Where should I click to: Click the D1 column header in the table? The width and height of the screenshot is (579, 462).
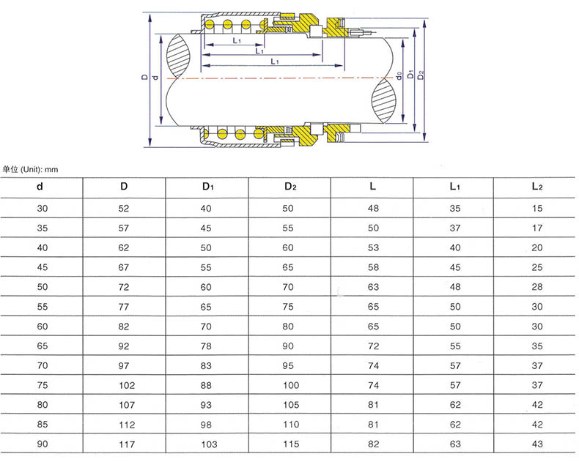208,187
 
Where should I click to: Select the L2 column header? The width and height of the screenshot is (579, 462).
537,187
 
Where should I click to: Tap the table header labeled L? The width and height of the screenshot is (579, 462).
372,187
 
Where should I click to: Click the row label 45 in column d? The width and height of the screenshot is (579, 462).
43,267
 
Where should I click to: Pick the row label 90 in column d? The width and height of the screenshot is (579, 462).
43,444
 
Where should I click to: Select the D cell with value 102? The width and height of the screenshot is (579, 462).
127,385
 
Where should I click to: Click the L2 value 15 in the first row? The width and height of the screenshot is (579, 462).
537,209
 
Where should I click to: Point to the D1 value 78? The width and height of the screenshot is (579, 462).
206,346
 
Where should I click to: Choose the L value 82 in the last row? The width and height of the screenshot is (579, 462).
373,444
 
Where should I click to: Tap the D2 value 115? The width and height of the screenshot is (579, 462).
291,444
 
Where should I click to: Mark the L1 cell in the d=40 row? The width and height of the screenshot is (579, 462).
455,247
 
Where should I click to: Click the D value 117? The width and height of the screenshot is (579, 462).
127,444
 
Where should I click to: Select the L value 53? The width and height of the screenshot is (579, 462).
373,247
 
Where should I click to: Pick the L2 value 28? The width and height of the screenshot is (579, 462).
537,287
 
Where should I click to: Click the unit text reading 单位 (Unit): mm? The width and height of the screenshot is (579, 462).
30,170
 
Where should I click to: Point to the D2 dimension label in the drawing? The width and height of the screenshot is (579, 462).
421,75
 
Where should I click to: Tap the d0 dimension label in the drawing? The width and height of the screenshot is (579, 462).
399,76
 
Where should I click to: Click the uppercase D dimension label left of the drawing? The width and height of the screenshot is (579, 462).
145,77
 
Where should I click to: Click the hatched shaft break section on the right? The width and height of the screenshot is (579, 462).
383,100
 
